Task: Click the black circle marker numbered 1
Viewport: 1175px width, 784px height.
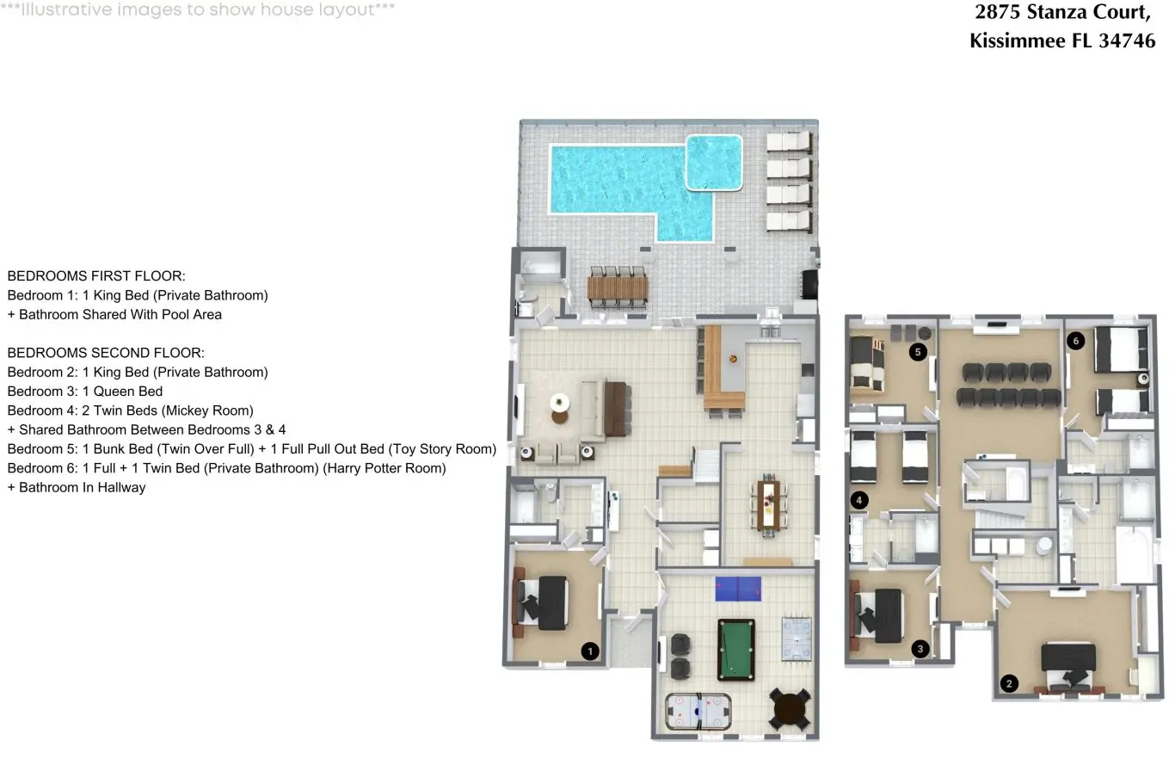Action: click(x=590, y=651)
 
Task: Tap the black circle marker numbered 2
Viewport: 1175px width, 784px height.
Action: click(x=1009, y=683)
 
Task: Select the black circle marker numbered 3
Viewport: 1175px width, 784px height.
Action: click(x=920, y=649)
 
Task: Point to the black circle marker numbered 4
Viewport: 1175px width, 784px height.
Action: click(x=859, y=500)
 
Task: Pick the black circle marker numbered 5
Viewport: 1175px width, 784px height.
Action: click(x=918, y=352)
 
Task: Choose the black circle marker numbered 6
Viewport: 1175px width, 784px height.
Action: click(x=1076, y=341)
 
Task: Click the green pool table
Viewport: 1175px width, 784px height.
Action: click(x=736, y=651)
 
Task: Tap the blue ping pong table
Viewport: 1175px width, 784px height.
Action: click(x=738, y=589)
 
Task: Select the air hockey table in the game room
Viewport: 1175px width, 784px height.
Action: click(x=698, y=712)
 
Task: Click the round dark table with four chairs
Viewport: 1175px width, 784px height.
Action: click(x=790, y=710)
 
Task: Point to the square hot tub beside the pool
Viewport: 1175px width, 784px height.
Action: click(x=714, y=162)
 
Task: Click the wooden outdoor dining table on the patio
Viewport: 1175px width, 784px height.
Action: click(x=618, y=287)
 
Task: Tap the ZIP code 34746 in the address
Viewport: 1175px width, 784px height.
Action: click(x=1127, y=40)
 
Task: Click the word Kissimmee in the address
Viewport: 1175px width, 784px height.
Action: click(x=998, y=40)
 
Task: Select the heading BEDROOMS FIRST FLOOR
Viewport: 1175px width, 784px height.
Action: click(x=96, y=276)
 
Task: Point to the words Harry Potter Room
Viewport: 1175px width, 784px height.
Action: click(x=384, y=468)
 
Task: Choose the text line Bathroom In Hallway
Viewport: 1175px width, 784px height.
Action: click(x=77, y=487)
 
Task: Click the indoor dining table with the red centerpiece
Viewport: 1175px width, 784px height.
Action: click(x=768, y=505)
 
